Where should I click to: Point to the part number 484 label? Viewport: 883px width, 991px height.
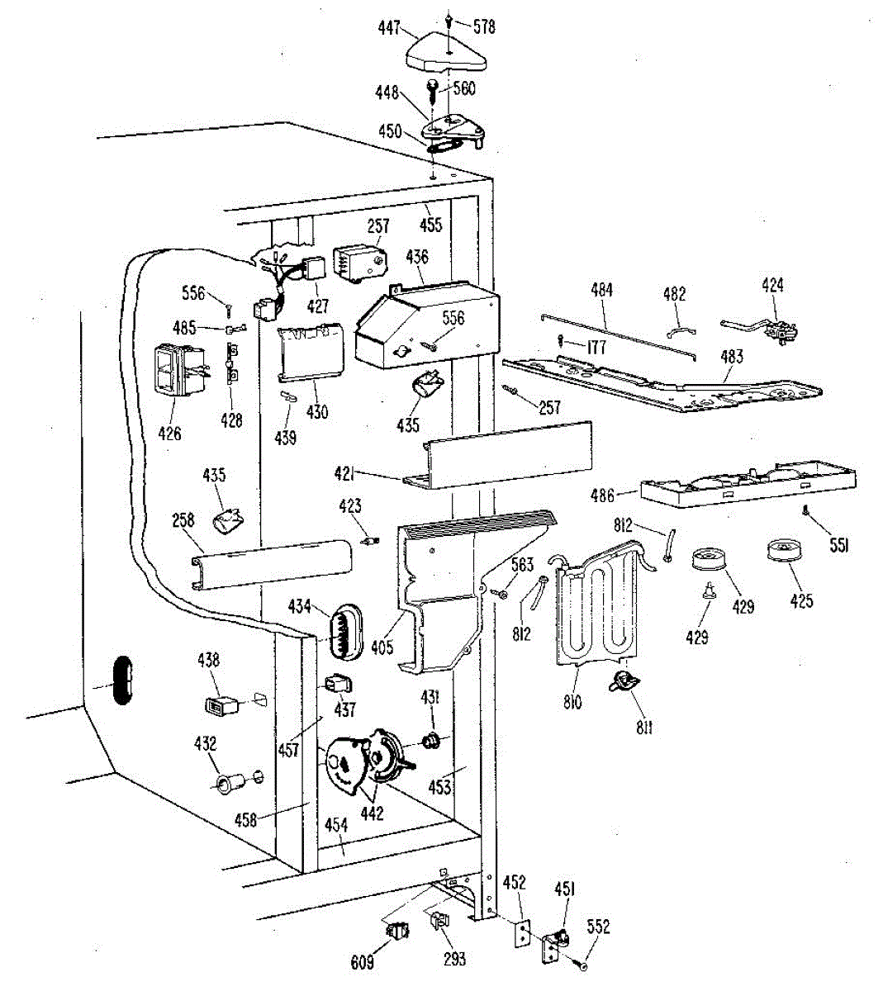(602, 290)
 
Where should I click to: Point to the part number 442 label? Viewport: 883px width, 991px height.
(372, 813)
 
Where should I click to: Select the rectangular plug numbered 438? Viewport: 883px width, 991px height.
(221, 705)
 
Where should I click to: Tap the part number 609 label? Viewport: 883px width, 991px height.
(362, 961)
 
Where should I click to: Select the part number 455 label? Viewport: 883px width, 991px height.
(430, 224)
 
